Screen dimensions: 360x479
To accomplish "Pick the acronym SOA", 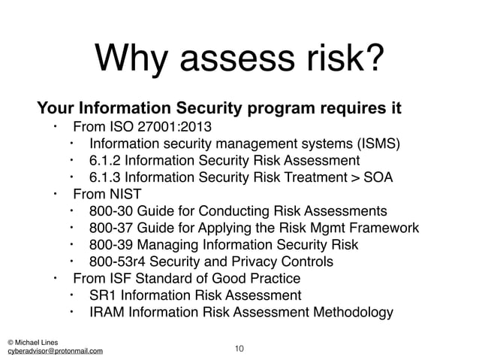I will (x=378, y=178).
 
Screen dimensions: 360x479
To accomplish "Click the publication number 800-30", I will (x=110, y=211).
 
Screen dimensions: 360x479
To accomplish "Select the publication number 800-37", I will (x=110, y=228).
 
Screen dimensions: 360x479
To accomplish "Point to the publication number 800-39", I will (x=110, y=245).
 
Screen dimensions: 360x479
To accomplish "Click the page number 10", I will (x=239, y=349).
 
